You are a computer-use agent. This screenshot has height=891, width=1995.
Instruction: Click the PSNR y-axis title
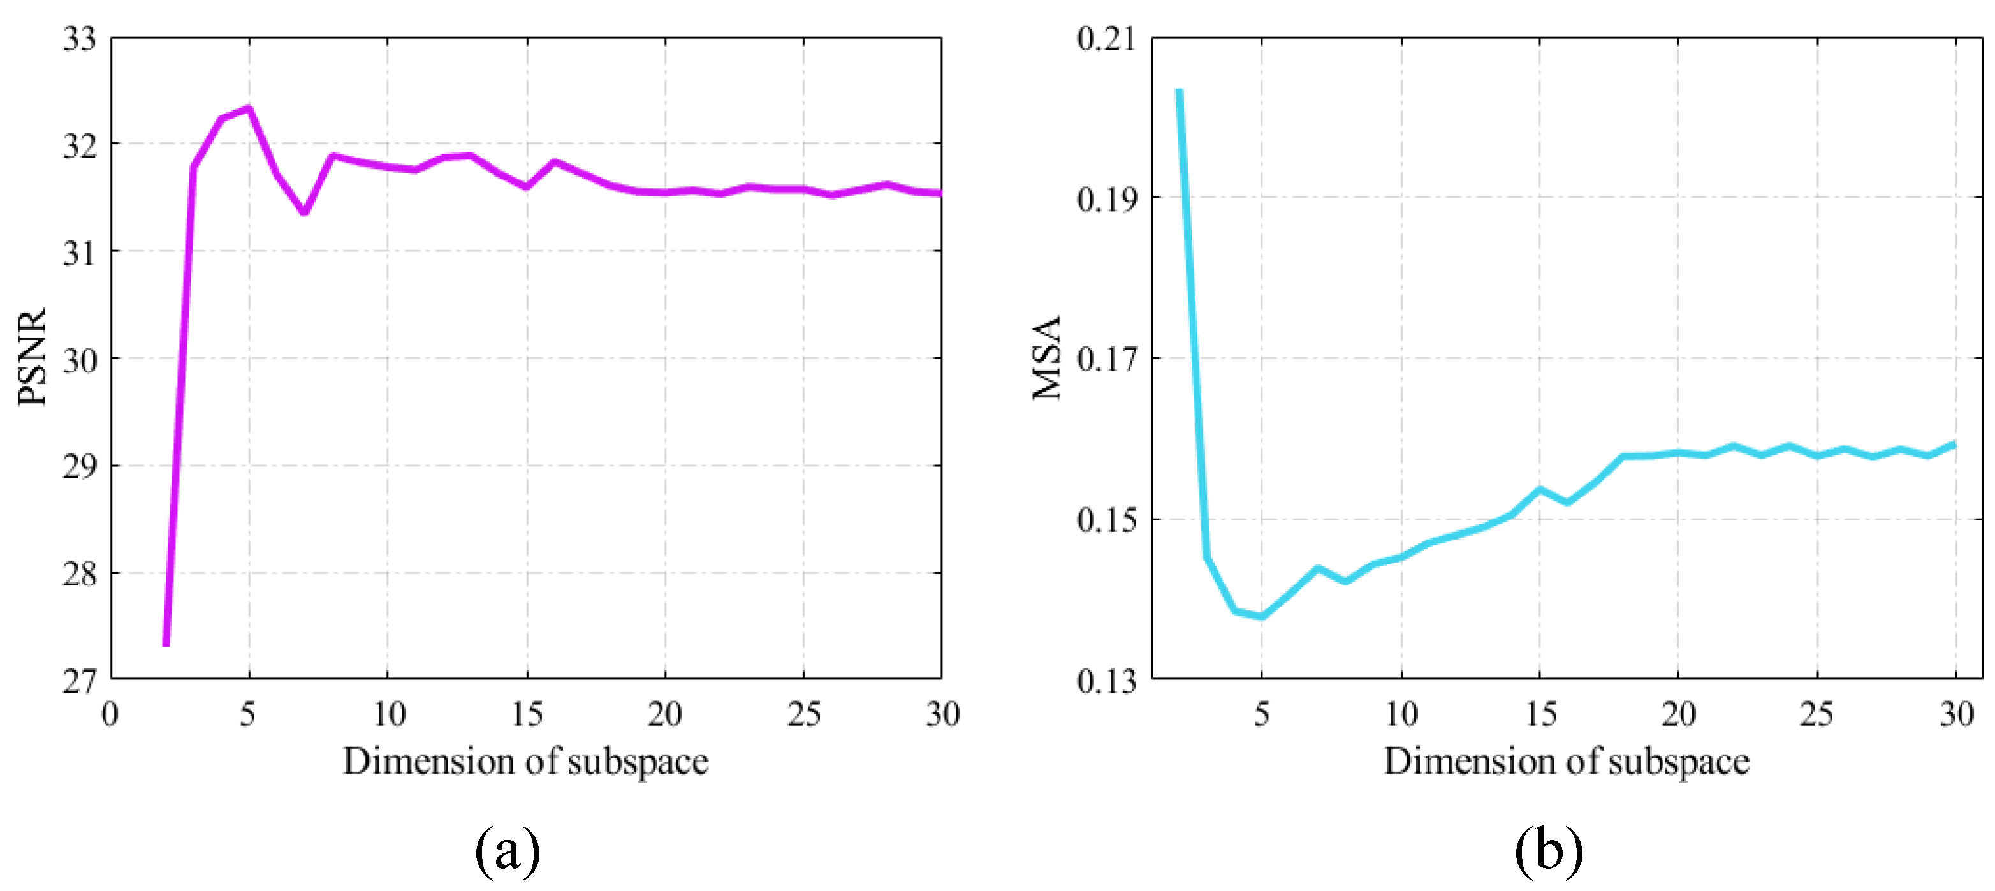[33, 357]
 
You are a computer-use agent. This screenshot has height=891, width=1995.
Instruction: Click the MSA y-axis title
[1046, 357]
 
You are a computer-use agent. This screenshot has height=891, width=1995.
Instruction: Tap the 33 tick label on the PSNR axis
[80, 39]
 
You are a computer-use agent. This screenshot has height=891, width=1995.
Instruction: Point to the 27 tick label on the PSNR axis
[80, 682]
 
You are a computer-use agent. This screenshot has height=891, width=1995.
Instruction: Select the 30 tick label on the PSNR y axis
[80, 360]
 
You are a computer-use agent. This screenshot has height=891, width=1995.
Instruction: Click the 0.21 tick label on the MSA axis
[1107, 39]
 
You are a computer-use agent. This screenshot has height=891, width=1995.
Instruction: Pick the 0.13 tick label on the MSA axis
[1107, 682]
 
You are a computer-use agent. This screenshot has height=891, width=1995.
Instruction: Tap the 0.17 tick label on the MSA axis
[1107, 360]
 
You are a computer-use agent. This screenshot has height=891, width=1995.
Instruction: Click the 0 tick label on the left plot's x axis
[110, 714]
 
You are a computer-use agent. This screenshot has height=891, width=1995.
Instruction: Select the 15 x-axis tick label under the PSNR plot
[527, 714]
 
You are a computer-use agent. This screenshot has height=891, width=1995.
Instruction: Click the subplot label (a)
[508, 851]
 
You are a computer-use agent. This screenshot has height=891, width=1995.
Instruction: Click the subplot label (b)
[1549, 851]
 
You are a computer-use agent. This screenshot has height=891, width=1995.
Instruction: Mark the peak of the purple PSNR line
[249, 108]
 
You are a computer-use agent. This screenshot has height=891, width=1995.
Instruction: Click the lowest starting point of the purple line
[166, 643]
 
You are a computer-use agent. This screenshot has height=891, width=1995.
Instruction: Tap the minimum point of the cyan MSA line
[1262, 617]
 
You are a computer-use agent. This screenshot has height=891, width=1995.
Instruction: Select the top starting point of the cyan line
[1179, 91]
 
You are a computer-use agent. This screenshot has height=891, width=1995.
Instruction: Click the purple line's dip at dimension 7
[304, 212]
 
